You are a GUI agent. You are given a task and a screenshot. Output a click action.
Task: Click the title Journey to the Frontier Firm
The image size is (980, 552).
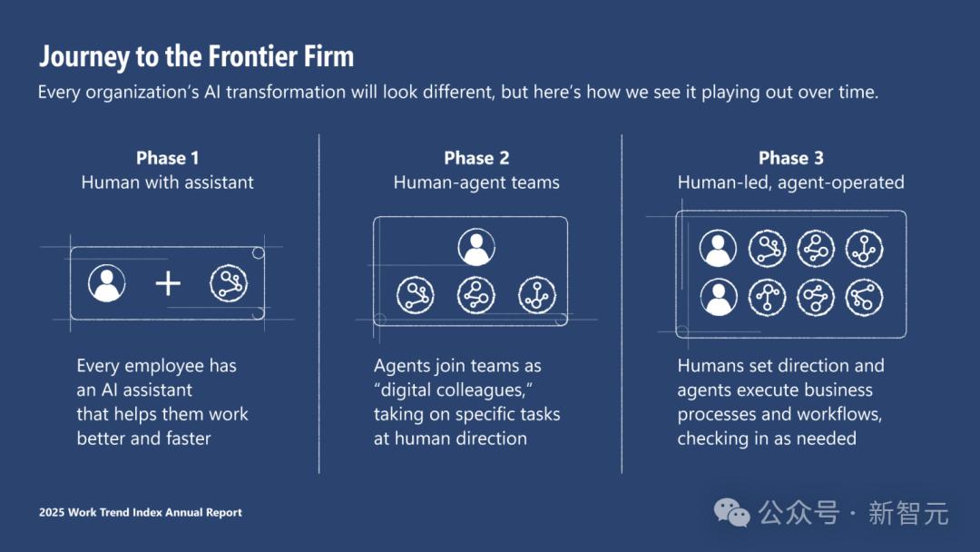196,57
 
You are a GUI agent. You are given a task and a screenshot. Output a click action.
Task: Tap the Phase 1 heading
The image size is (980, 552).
168,158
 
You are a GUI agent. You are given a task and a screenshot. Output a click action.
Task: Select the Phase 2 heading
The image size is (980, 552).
476,158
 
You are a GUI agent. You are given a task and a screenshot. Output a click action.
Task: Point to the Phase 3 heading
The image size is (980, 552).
790,158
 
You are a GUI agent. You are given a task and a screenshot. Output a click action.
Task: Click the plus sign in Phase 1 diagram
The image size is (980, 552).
168,283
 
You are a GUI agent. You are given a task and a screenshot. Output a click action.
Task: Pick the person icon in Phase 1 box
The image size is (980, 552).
107,283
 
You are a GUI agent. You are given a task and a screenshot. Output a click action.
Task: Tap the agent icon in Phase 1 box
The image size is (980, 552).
229,283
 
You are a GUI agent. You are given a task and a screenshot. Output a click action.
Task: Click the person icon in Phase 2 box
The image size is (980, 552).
476,247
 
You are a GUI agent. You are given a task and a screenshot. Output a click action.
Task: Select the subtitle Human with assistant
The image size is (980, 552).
168,182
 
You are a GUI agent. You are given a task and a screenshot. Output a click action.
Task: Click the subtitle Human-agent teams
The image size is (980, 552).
476,182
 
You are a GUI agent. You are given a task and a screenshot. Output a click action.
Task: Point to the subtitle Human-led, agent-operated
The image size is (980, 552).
790,182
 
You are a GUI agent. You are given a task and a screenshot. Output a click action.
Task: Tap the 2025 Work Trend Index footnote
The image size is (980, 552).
140,513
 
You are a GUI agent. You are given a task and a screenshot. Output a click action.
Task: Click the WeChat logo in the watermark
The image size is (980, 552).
732,513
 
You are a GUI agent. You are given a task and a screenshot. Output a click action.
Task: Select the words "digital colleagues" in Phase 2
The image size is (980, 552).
453,390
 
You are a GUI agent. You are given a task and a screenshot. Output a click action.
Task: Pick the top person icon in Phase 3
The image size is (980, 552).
718,248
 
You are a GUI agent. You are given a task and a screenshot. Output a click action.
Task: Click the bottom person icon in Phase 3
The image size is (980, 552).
718,297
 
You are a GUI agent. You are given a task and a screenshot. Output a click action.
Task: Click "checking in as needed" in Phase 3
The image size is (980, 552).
767,439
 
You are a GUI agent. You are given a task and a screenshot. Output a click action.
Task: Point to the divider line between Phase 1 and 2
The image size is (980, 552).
318,304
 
